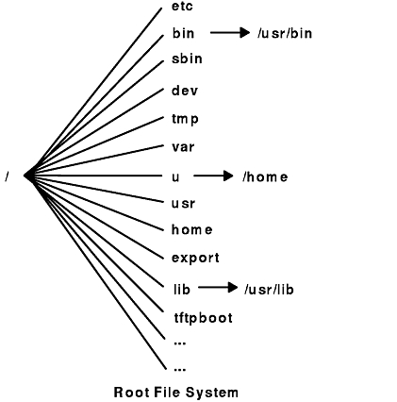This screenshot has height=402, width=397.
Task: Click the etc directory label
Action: click(x=182, y=7)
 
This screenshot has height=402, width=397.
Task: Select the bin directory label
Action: click(x=183, y=33)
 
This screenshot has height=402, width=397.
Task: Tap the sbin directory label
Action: click(x=187, y=59)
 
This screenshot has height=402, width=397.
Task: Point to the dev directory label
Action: click(x=185, y=91)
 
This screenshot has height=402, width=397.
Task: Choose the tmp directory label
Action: click(x=185, y=119)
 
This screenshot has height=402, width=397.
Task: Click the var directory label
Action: click(x=183, y=147)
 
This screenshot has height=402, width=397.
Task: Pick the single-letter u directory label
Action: click(x=175, y=177)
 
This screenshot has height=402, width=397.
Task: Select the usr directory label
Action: click(x=183, y=204)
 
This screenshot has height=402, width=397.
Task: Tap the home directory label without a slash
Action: click(x=192, y=229)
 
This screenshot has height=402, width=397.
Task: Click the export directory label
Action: click(x=195, y=259)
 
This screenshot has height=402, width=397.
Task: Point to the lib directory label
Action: click(x=182, y=289)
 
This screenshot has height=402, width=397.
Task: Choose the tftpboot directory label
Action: click(x=204, y=318)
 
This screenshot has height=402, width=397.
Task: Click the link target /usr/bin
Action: click(x=285, y=33)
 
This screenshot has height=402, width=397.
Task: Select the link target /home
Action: click(x=265, y=176)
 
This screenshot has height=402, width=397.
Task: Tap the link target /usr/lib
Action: click(x=269, y=290)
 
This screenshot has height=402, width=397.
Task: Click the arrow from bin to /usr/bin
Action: click(x=230, y=32)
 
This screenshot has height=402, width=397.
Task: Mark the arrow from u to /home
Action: click(x=213, y=176)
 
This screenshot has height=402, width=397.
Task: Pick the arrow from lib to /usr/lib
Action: click(x=218, y=287)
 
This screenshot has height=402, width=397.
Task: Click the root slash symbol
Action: click(x=7, y=176)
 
